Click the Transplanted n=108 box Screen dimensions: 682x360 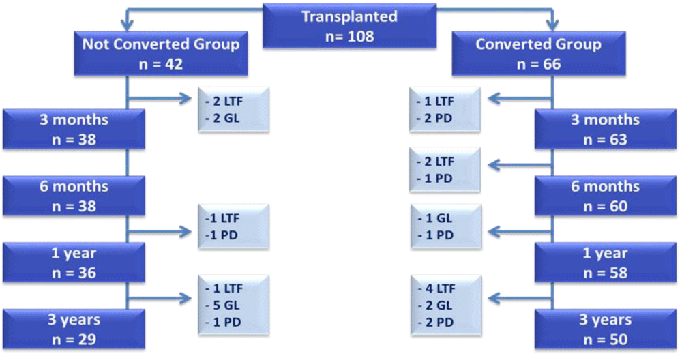click(x=350, y=26)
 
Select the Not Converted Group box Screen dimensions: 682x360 click(x=161, y=53)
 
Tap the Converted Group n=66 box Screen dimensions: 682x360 click(x=539, y=53)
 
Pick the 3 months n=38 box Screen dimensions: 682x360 click(x=74, y=129)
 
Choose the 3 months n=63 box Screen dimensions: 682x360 click(x=606, y=129)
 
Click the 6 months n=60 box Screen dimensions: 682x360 click(x=606, y=196)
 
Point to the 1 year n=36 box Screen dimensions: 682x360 click(x=74, y=262)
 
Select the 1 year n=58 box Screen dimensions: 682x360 click(x=606, y=262)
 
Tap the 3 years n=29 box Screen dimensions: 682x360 click(x=74, y=329)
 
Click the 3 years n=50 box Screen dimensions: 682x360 click(x=606, y=329)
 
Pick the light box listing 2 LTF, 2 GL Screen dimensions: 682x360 click(x=233, y=110)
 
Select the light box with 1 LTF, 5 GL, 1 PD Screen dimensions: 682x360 click(x=233, y=305)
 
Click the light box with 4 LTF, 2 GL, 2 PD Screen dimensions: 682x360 click(x=446, y=305)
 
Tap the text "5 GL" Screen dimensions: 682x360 click(x=226, y=305)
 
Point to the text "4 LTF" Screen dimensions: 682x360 click(x=440, y=288)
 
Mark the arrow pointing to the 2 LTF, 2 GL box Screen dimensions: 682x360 click(x=159, y=99)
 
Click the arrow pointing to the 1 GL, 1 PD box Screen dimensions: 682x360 click(x=520, y=232)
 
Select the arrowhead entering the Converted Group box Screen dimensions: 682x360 click(x=552, y=26)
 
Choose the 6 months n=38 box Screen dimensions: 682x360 click(x=74, y=196)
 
